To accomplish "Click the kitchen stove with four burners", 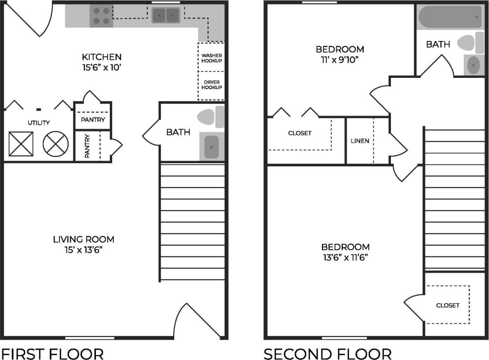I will tap(101, 16).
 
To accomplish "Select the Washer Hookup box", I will tap(211, 58).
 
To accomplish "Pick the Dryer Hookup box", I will tap(211, 85).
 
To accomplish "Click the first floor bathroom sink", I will tap(211, 147).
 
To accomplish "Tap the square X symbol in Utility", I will tap(21, 144).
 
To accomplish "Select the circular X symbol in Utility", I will tap(55, 144).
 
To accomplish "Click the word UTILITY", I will tap(39, 122).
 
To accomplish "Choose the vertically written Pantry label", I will tap(87, 146).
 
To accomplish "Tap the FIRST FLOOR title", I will tap(52, 354).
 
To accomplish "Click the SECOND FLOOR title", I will tap(327, 354).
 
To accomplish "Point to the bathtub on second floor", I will tap(450, 17).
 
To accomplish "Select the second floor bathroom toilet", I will tap(468, 43).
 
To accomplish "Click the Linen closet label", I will tap(360, 141).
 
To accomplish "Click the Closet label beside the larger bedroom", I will tap(448, 305).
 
